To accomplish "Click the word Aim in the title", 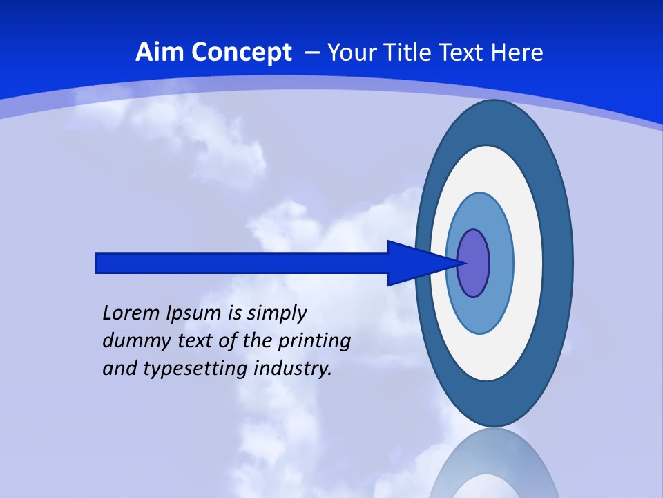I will (x=155, y=53).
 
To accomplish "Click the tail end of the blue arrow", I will (x=97, y=263).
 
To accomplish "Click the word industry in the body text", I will (x=293, y=369).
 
